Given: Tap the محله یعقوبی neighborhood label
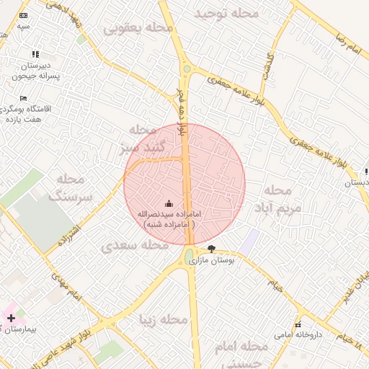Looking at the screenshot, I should point(138,28).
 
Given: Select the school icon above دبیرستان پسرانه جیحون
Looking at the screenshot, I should point(35,54).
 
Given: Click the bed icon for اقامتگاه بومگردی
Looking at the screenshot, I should point(23,99).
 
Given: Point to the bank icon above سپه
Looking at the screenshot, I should point(24,15).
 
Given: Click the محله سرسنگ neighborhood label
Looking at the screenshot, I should point(66,187).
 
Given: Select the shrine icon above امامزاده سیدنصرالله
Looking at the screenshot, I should point(169,203).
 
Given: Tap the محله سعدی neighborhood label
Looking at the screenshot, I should point(130,246).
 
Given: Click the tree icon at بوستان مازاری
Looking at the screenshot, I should point(210,248).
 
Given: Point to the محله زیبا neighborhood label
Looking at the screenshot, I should point(165,319).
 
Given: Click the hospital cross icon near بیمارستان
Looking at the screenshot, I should point(11,317).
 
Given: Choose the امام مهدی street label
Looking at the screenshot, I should point(64,281).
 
